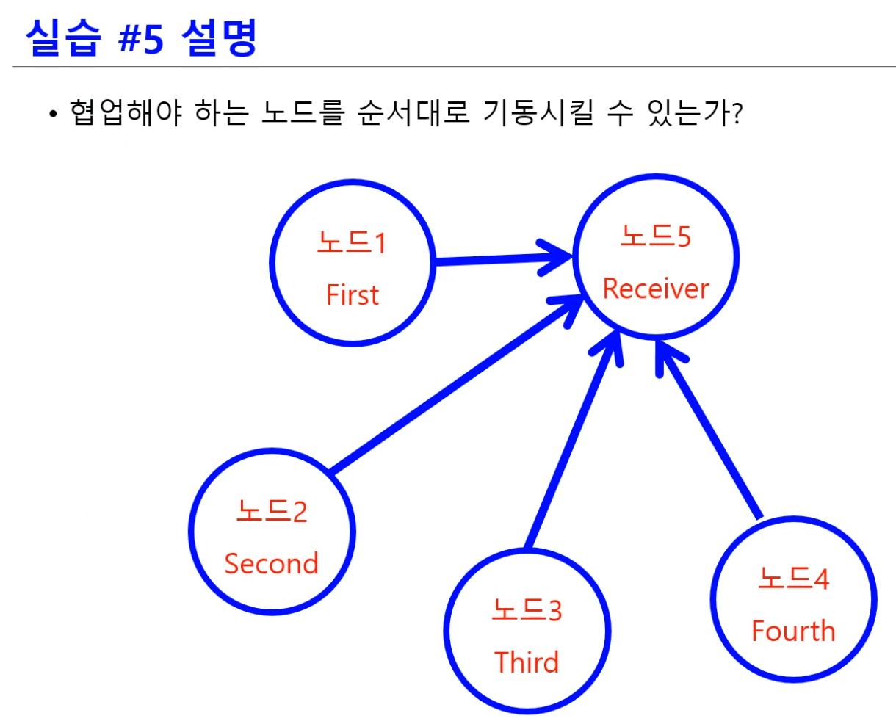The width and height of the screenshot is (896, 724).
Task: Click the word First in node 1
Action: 353,295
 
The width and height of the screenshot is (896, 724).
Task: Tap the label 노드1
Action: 351,242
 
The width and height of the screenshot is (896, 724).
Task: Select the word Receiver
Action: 656,289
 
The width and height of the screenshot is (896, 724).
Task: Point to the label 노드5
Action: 655,236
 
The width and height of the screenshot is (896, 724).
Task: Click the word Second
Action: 271,564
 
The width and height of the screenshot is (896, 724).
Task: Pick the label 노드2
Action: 272,511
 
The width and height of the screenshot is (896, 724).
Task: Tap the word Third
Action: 527,662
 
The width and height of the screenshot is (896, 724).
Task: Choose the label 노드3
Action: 527,610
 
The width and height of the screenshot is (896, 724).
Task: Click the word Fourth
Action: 793,631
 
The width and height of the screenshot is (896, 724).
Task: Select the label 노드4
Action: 793,579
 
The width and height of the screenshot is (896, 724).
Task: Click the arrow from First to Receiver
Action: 499,258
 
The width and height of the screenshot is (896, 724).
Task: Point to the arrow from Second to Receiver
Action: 455,385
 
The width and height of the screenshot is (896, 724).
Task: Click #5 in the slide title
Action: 141,38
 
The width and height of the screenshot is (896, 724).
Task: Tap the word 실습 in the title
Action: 62,38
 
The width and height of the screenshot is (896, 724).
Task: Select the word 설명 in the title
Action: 219,38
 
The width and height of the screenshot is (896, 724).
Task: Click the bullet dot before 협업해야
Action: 52,115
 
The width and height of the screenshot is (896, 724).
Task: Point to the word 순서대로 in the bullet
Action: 413,113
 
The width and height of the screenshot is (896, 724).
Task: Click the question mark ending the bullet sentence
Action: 737,114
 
